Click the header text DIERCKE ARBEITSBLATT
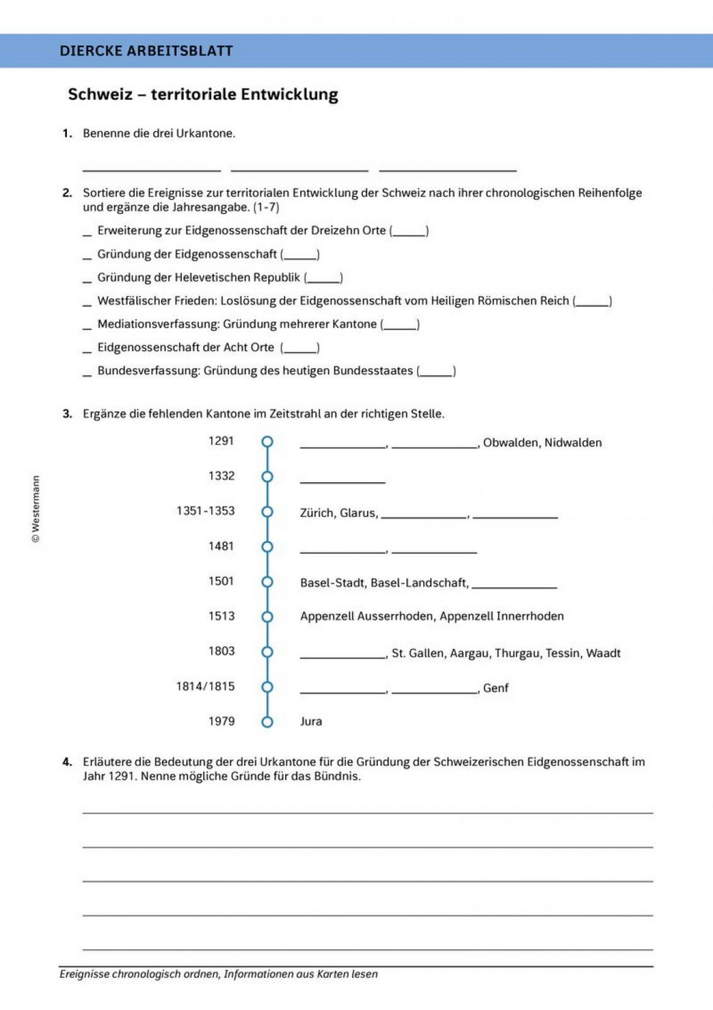[146, 51]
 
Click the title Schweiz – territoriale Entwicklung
[202, 94]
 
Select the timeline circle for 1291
[267, 442]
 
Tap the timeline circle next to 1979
[267, 722]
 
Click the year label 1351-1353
[205, 511]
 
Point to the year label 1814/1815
[205, 686]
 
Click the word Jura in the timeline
[311, 721]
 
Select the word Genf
[496, 688]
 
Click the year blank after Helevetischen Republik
[324, 279]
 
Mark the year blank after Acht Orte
[300, 349]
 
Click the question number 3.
[67, 414]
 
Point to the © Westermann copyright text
[36, 509]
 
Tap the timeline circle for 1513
[267, 616]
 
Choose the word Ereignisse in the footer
[86, 974]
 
